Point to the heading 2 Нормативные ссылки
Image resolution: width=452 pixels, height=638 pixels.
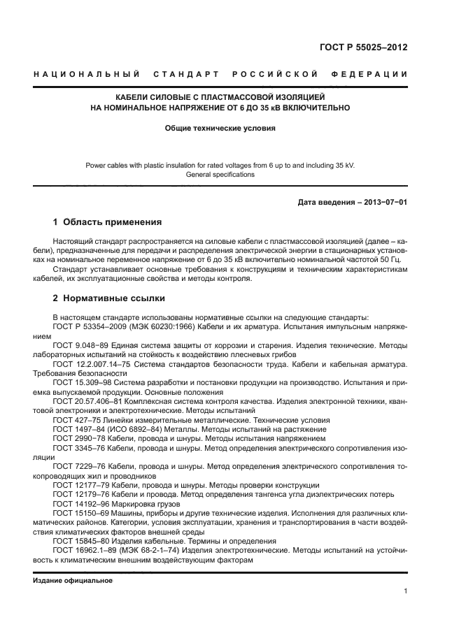click(x=108, y=299)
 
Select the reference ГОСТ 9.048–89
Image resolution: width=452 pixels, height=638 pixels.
click(x=77, y=345)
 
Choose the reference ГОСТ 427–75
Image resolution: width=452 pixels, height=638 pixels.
click(x=73, y=420)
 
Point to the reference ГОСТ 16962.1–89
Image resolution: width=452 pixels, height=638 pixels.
click(x=82, y=550)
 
